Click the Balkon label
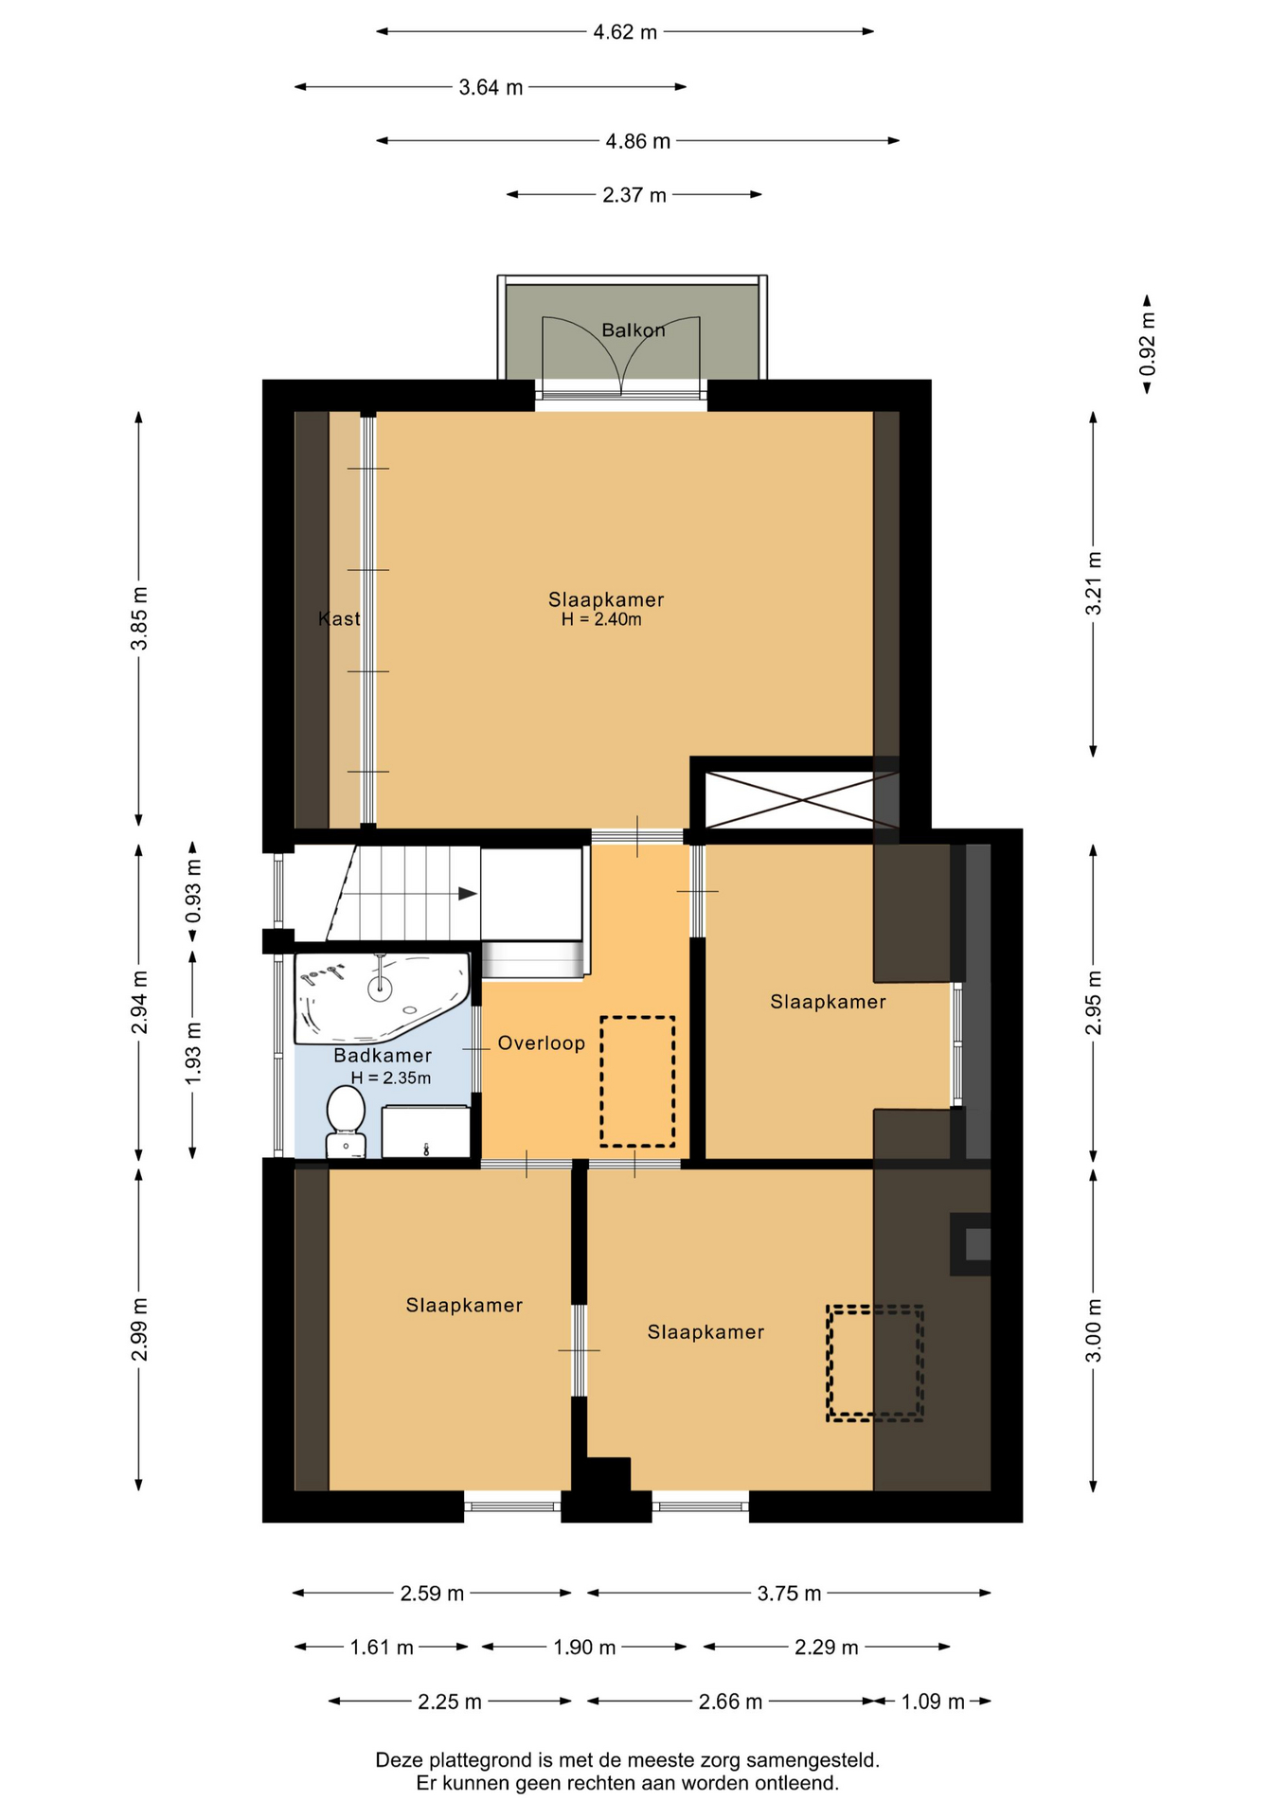[634, 330]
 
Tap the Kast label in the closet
[339, 619]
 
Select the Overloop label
[542, 1043]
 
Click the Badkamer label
[383, 1056]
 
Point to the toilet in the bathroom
[346, 1121]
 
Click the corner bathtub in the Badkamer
[382, 997]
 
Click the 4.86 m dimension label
[638, 142]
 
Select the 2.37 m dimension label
[634, 196]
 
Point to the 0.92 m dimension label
[1148, 344]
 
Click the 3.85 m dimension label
[139, 619]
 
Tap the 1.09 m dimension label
[933, 1702]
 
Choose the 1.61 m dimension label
[382, 1648]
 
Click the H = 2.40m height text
[601, 620]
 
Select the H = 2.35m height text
[391, 1078]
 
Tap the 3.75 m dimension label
[789, 1594]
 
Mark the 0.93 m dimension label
[193, 891]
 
